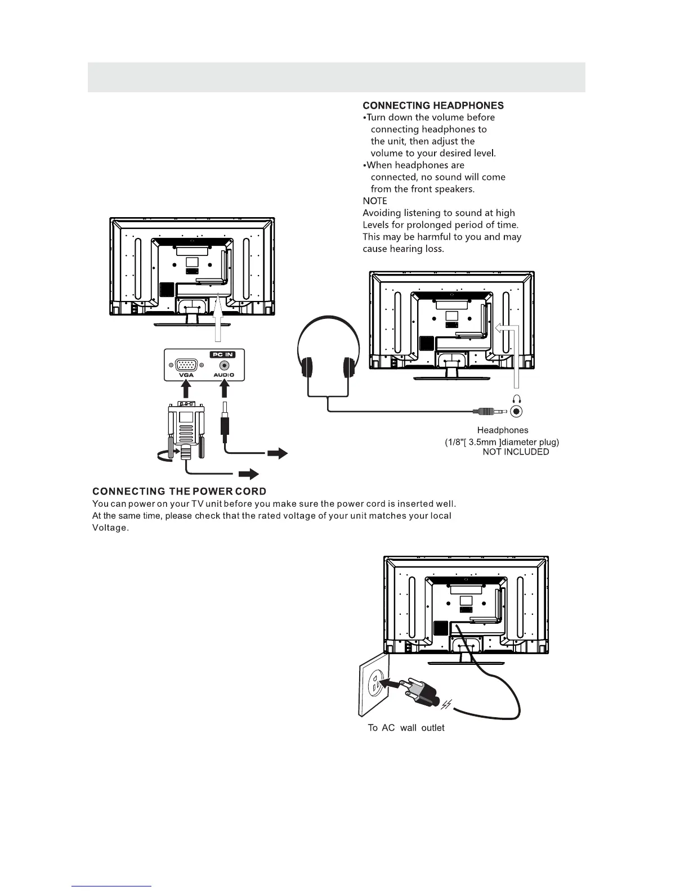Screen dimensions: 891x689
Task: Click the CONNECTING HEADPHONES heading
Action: coord(433,105)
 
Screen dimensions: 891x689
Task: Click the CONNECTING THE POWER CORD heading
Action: coord(179,492)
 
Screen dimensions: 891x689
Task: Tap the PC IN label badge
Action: coord(222,354)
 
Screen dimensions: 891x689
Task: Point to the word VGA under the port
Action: coord(186,375)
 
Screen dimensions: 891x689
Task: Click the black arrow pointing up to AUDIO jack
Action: coord(224,389)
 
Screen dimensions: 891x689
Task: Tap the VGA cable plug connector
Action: coord(186,427)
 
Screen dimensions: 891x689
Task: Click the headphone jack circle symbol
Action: coord(517,412)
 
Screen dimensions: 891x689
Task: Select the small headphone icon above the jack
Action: coord(517,399)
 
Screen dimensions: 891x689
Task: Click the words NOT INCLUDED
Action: coord(516,452)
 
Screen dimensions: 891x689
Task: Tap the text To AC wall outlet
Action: coord(406,728)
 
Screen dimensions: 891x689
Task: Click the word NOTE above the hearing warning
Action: coord(375,201)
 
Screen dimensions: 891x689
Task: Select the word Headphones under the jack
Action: coord(503,430)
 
